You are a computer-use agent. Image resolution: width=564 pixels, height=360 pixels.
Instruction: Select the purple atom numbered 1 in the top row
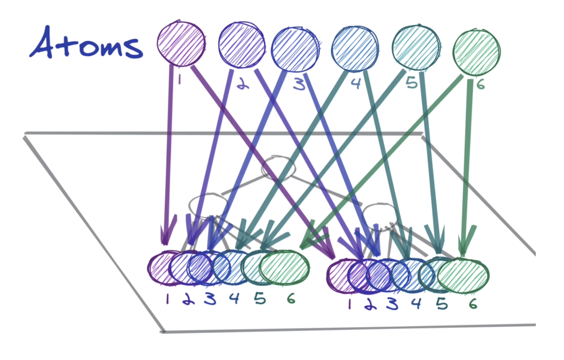tap(181, 43)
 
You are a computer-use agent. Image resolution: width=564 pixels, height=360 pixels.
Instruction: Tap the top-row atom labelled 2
tap(242, 45)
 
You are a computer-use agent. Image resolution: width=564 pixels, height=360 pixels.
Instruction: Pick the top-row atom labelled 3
tap(295, 49)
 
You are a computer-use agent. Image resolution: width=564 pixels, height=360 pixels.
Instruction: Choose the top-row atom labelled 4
tap(355, 49)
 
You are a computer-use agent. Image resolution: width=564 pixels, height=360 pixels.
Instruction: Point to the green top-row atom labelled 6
tap(476, 53)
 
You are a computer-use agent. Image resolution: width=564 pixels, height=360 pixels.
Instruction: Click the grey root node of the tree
tap(278, 168)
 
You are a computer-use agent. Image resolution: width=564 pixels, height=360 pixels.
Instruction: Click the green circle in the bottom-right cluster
tap(463, 275)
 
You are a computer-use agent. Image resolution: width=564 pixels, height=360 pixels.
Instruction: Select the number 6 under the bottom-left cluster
tap(291, 299)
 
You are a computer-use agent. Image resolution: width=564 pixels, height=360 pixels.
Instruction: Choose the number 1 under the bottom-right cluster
tap(349, 304)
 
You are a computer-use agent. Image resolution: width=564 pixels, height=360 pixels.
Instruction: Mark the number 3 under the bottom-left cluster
tap(210, 299)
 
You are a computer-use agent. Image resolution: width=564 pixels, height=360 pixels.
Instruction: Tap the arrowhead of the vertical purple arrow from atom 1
tap(165, 234)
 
